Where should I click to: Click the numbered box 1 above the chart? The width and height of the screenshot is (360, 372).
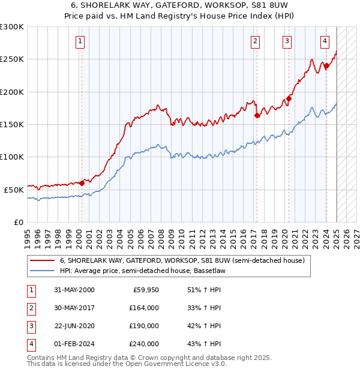(80, 41)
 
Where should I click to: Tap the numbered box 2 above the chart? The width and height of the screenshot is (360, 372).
(256, 41)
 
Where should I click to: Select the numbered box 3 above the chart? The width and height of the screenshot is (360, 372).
(287, 41)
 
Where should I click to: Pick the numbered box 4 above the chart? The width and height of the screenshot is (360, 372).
(325, 41)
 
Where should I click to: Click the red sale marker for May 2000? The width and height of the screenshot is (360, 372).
(82, 183)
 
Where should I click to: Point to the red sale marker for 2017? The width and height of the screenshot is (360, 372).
(257, 115)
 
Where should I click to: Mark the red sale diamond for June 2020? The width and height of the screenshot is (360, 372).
(289, 98)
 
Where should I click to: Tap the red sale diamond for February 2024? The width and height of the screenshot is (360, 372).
(326, 66)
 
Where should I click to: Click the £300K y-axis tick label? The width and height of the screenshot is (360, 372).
(12, 27)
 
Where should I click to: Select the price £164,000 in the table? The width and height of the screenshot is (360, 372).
(144, 308)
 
